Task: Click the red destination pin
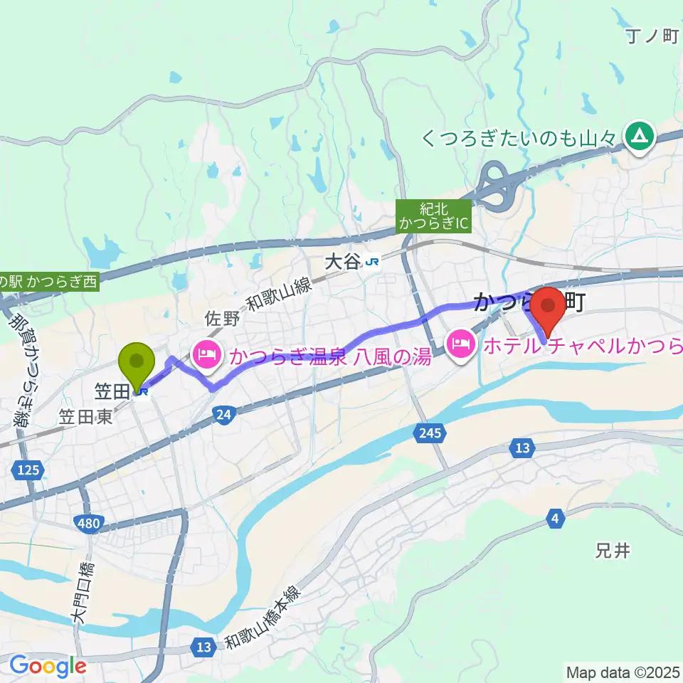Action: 549,307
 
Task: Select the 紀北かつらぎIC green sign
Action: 433,216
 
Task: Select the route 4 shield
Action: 554,519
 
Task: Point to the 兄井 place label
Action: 612,551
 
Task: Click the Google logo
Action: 47,666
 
